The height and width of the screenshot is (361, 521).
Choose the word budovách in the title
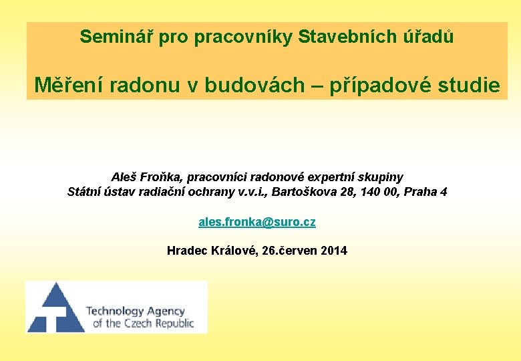[x=254, y=86]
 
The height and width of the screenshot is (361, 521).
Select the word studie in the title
[x=472, y=86]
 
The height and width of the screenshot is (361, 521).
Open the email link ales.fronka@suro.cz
[x=257, y=222]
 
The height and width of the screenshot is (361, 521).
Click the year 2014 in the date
[x=334, y=251]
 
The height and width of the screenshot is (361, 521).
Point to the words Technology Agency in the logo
[x=135, y=311]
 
